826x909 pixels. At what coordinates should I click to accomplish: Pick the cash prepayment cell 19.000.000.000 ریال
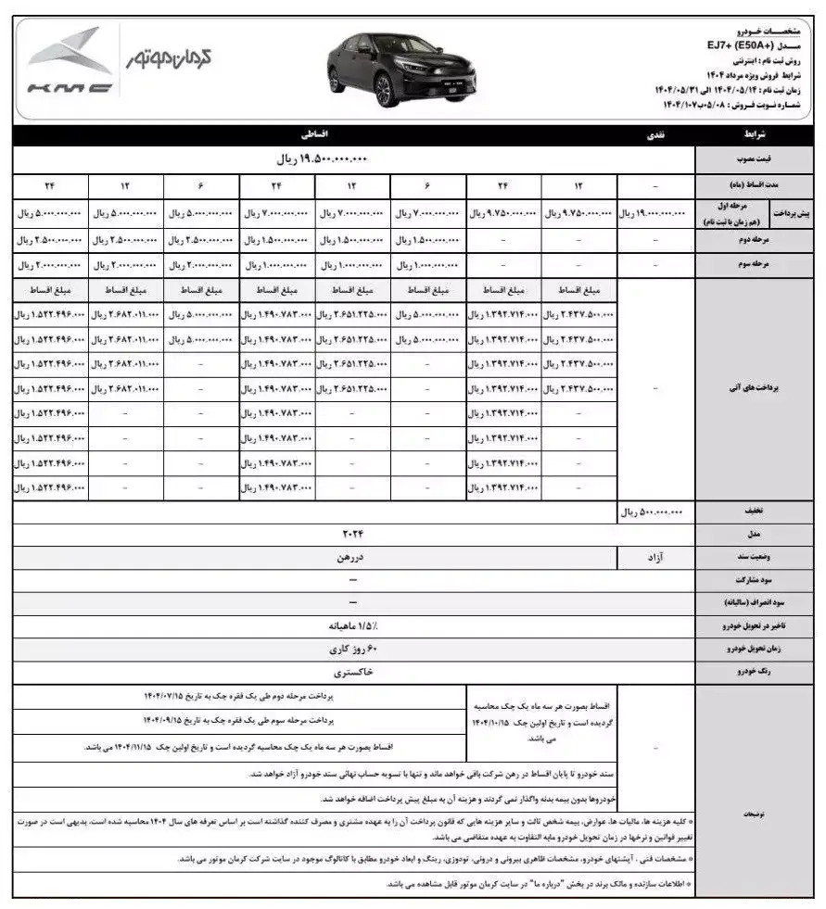click(654, 213)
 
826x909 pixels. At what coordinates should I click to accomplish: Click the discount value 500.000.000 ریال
click(654, 511)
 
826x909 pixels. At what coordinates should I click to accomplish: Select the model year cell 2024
click(352, 535)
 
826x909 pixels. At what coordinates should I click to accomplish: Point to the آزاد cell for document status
click(654, 559)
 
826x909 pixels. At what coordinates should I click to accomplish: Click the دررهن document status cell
click(352, 559)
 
